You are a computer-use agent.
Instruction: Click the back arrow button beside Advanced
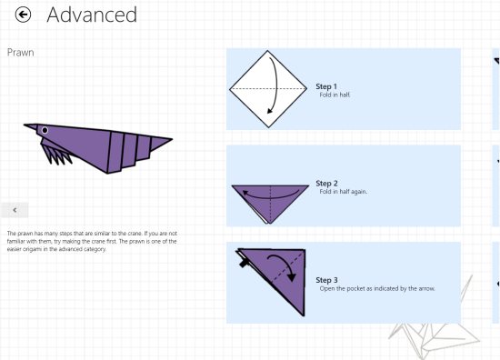click(x=23, y=15)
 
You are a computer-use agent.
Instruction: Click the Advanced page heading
click(x=92, y=15)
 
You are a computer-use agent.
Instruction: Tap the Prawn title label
click(x=20, y=53)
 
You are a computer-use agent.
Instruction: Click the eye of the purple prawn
click(x=45, y=130)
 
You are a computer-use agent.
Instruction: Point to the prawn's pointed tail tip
click(x=172, y=139)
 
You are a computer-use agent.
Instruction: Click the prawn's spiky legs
click(x=56, y=155)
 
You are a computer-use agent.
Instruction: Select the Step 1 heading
click(x=326, y=86)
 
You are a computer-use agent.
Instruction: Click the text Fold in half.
click(x=335, y=95)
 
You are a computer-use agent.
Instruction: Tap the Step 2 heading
click(x=326, y=184)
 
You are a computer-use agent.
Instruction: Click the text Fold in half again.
click(x=344, y=192)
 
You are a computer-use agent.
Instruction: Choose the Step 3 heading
click(x=326, y=280)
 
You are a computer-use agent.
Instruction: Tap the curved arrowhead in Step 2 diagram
click(x=245, y=193)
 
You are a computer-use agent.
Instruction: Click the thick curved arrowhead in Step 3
click(x=291, y=276)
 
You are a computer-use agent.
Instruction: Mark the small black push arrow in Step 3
click(x=244, y=263)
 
